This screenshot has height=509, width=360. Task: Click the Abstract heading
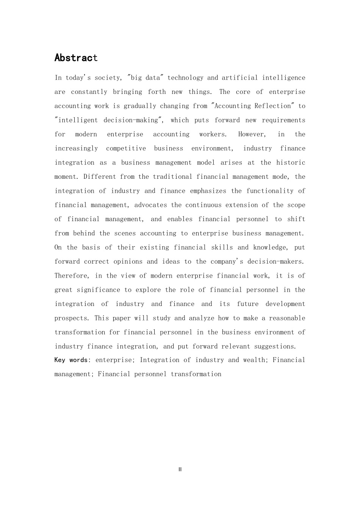(76, 58)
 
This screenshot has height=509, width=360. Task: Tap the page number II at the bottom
(180, 469)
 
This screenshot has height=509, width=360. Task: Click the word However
(252, 134)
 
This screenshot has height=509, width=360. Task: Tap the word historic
(291, 162)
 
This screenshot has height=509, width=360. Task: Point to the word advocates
(150, 205)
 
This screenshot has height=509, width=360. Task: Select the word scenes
(125, 233)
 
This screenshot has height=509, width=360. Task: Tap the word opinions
(128, 262)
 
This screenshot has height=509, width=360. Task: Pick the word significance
(99, 290)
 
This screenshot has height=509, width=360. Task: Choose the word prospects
(71, 318)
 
